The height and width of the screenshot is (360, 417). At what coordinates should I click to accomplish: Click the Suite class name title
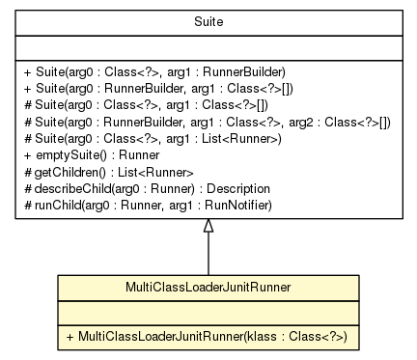tap(208, 19)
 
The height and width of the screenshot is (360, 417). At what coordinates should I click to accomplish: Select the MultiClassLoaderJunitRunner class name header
tap(208, 288)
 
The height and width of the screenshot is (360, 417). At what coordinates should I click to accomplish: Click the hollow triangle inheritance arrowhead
tap(208, 228)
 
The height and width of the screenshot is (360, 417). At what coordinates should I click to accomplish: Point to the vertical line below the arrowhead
tap(208, 256)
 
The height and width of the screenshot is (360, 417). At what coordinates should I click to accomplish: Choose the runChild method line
tap(146, 204)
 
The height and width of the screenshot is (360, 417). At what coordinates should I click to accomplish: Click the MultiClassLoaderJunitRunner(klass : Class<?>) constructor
tap(208, 335)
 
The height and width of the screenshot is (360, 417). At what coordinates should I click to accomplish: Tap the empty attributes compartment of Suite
tap(208, 51)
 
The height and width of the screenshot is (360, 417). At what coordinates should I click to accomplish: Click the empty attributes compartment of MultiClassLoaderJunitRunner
tap(208, 311)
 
